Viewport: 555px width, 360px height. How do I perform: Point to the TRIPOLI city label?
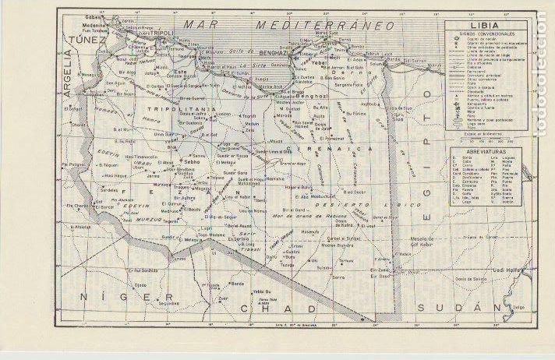(160, 33)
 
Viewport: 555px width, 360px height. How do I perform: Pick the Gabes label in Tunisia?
(95, 16)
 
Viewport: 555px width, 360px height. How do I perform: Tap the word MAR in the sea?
(198, 25)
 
